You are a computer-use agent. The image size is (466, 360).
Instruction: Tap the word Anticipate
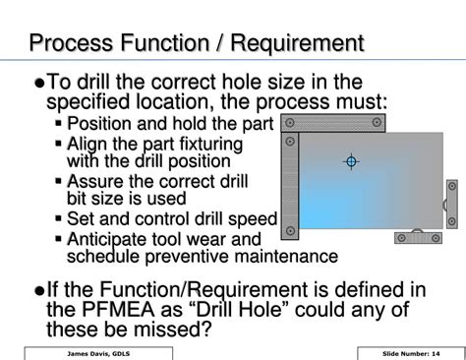click(108, 239)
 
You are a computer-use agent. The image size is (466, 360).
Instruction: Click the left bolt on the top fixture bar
click(292, 123)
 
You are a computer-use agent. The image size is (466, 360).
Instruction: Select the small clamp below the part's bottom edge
click(417, 236)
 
